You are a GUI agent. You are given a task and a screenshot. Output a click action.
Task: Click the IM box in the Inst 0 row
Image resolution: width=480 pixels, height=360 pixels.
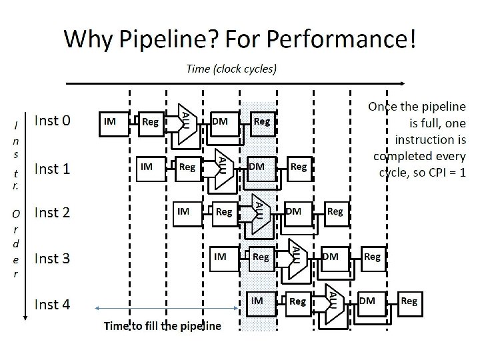click(113, 122)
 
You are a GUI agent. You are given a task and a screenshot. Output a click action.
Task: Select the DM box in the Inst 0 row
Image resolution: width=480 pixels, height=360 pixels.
click(223, 122)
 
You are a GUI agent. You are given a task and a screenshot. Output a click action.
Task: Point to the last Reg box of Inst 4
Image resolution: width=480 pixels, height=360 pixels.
click(409, 301)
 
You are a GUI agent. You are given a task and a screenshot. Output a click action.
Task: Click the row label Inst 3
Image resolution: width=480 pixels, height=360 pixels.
click(52, 258)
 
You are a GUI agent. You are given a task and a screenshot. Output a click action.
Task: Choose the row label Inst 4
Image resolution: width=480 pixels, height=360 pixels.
click(52, 305)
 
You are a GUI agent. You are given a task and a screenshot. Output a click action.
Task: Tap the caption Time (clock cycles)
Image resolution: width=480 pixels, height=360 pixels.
click(232, 68)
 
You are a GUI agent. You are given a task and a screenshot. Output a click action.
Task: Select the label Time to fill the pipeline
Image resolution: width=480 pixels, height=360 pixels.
click(162, 326)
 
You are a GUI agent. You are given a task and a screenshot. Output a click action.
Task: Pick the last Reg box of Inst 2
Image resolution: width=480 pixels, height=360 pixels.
click(335, 212)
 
